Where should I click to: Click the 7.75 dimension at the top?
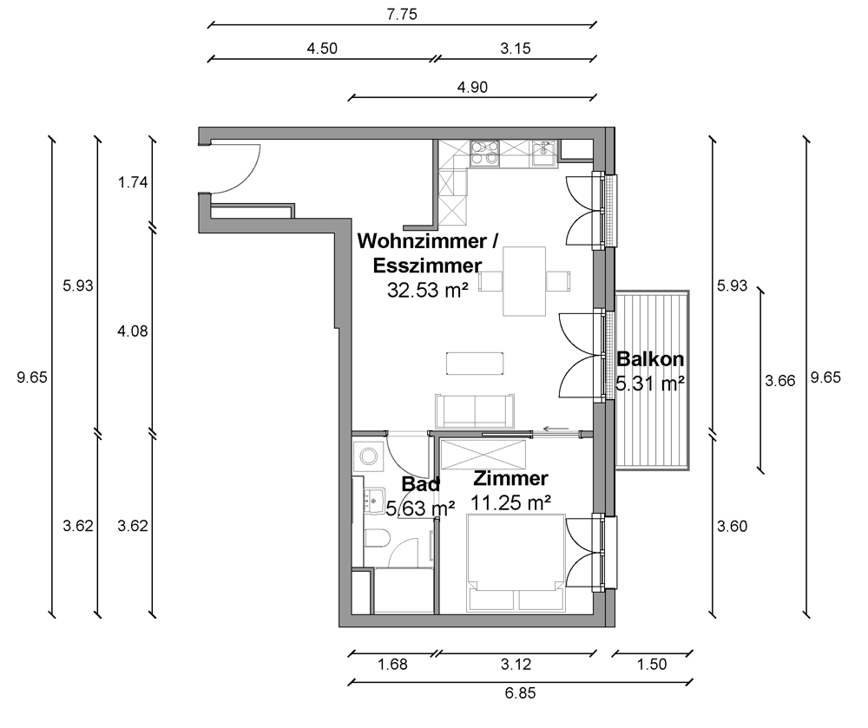pyautogui.click(x=402, y=15)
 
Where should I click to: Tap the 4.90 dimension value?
pyautogui.click(x=472, y=87)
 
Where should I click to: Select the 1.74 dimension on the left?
pyautogui.click(x=133, y=182)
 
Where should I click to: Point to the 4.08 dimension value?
pyautogui.click(x=133, y=331)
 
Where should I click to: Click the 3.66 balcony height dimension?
pyautogui.click(x=780, y=381)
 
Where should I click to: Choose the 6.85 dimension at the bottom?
pyautogui.click(x=520, y=692)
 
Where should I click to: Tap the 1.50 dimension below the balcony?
pyautogui.click(x=652, y=664)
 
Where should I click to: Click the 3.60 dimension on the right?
pyautogui.click(x=733, y=526)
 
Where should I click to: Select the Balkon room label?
pyautogui.click(x=650, y=359)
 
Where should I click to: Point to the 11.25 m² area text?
pyautogui.click(x=510, y=502)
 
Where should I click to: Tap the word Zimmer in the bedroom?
pyautogui.click(x=510, y=478)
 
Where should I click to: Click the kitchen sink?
pyautogui.click(x=546, y=154)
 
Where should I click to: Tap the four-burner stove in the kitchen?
pyautogui.click(x=484, y=154)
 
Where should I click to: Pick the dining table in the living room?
pyautogui.click(x=524, y=281)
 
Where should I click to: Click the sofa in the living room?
pyautogui.click(x=475, y=411)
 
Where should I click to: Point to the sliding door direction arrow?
pyautogui.click(x=556, y=428)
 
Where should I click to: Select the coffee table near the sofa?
pyautogui.click(x=475, y=364)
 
